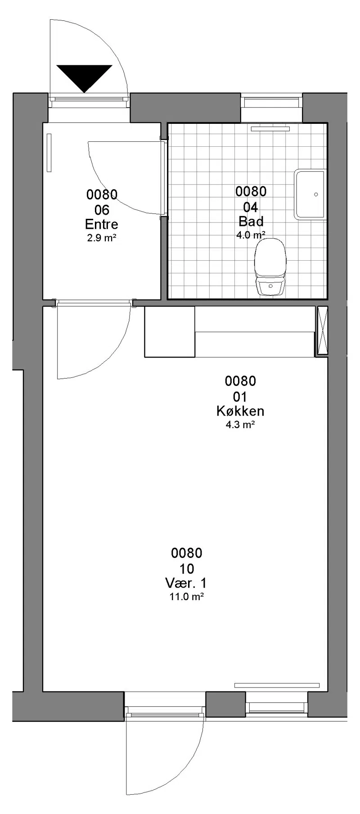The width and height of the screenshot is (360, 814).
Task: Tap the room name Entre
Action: (102, 224)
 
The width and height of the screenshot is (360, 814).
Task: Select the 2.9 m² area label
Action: (102, 238)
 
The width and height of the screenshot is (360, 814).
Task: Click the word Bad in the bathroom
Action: (251, 221)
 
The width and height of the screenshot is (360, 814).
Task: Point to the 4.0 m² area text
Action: (251, 235)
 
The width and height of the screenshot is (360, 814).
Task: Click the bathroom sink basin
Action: (310, 194)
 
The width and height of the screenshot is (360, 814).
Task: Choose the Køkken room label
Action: (240, 411)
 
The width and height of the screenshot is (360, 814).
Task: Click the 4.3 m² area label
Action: (240, 425)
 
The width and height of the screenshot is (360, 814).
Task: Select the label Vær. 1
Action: (186, 583)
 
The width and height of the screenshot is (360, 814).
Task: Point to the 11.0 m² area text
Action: (186, 597)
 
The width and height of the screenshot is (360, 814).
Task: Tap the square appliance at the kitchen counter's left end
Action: (170, 332)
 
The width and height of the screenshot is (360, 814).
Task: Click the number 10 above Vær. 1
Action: (186, 568)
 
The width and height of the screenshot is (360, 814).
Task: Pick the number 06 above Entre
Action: (102, 210)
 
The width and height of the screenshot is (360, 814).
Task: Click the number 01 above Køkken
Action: (240, 397)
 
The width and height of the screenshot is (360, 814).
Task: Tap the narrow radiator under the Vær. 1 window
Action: (277, 685)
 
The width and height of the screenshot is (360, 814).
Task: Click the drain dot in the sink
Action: (316, 194)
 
